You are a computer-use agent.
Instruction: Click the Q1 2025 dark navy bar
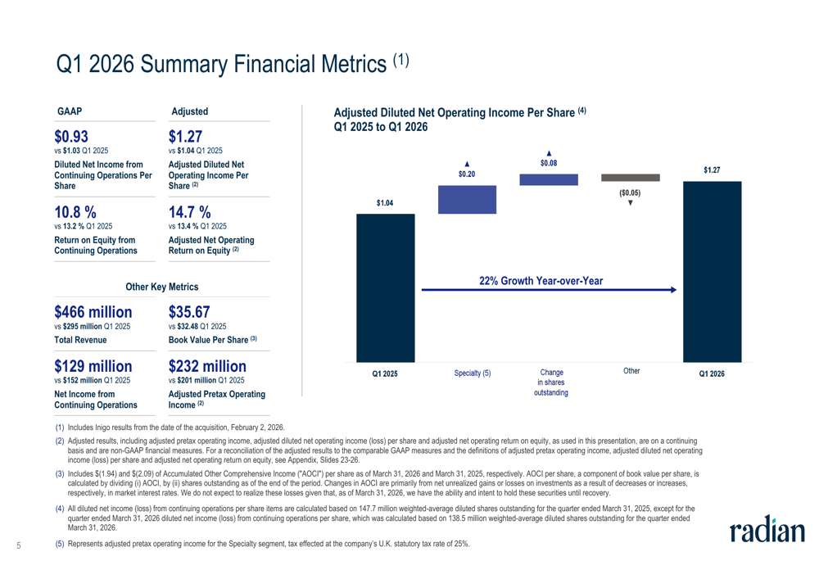coord(386,287)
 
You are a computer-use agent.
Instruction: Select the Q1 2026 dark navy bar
coord(712,272)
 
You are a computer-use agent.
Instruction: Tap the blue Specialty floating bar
coord(467,200)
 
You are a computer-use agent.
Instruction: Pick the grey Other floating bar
coord(631,178)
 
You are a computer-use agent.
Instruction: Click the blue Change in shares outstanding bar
coord(549,179)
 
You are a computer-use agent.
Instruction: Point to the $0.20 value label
coord(467,174)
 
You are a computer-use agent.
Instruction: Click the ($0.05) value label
coord(630,192)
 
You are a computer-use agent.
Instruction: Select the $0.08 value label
coord(549,163)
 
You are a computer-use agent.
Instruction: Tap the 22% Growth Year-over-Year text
coord(541,281)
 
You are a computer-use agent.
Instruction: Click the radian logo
coord(767,530)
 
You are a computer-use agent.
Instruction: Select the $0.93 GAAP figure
coord(71,136)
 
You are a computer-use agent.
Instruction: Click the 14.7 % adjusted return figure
coord(190,212)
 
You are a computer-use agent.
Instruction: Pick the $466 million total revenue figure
coord(93,312)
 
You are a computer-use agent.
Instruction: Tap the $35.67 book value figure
coord(189,312)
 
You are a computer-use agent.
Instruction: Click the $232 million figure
coord(207,366)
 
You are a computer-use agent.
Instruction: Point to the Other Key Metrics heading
coord(162,287)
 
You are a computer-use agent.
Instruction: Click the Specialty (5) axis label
coord(473,373)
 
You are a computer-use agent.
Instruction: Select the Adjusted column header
coord(190,111)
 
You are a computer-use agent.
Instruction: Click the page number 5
coord(19,546)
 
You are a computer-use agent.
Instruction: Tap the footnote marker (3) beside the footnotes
coord(60,473)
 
